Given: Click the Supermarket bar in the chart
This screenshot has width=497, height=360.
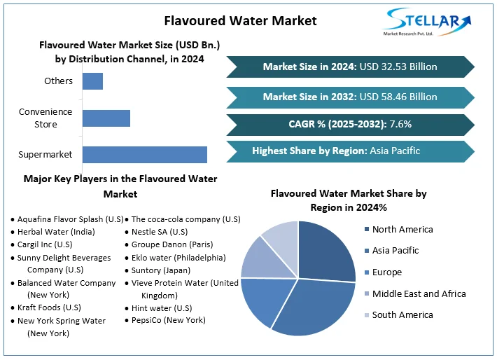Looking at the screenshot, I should [144, 155].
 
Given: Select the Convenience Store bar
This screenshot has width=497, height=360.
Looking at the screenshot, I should [106, 118].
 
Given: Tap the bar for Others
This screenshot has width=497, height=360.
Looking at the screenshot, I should [92, 81].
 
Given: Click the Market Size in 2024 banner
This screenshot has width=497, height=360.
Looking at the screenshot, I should [350, 67].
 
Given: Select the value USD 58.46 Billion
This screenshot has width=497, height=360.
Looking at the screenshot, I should [398, 97].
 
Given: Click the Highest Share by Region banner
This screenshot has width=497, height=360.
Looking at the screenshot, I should [350, 151].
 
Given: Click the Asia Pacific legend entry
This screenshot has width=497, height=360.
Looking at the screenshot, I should [395, 251].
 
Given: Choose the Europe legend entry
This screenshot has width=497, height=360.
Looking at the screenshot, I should [387, 272].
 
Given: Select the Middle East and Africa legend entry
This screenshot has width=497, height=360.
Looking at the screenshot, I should [418, 293].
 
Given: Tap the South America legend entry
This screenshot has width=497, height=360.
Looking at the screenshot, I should [402, 314].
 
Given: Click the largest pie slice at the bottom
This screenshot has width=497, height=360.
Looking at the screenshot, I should [315, 308].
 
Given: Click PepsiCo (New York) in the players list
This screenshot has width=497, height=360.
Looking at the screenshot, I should [168, 320].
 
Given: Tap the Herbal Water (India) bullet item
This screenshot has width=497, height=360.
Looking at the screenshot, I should [56, 232].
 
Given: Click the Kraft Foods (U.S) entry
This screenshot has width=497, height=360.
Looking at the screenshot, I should [49, 307].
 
